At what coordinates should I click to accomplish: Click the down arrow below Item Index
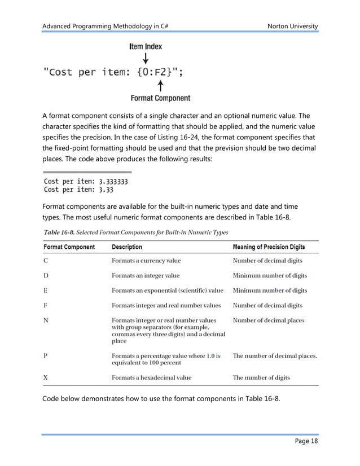(x=146, y=58)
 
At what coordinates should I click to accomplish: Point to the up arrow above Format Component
(x=161, y=85)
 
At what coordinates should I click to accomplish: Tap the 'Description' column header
(x=127, y=247)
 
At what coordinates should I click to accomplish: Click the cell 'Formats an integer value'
(x=146, y=275)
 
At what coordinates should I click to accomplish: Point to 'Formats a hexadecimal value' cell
(x=151, y=377)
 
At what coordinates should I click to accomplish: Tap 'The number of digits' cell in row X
(x=261, y=377)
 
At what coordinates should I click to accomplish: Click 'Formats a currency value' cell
(x=146, y=261)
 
